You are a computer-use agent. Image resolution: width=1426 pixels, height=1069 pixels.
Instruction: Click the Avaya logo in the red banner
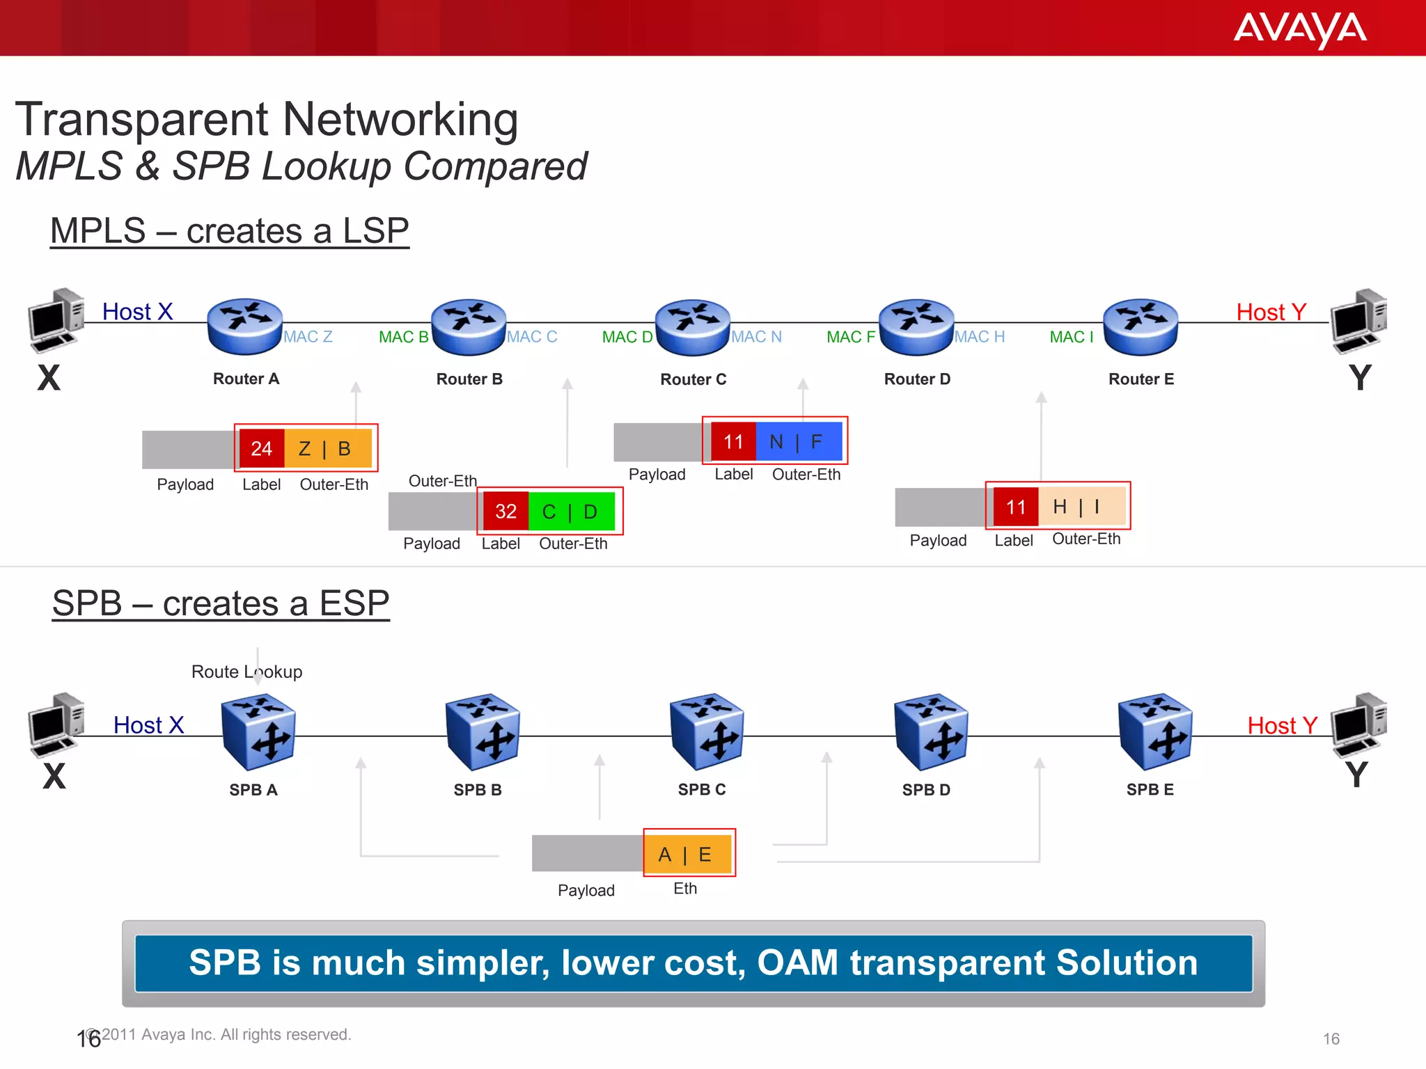pyautogui.click(x=1299, y=30)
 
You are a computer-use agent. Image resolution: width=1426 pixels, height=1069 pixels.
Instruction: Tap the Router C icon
pyautogui.click(x=693, y=327)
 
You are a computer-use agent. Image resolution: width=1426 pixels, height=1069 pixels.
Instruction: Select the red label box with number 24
pyautogui.click(x=261, y=448)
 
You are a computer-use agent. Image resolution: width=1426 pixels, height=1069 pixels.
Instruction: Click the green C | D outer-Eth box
pyautogui.click(x=571, y=512)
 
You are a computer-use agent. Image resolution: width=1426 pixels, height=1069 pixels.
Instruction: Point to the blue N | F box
pyautogui.click(x=798, y=441)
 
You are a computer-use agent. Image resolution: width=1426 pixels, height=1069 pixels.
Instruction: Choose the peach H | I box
pyautogui.click(x=1081, y=506)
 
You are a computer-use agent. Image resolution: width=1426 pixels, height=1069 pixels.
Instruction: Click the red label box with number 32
pyautogui.click(x=506, y=512)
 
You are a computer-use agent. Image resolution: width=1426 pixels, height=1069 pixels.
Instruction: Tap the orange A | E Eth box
pyautogui.click(x=687, y=854)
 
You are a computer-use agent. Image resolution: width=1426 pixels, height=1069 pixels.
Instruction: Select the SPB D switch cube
pyautogui.click(x=931, y=732)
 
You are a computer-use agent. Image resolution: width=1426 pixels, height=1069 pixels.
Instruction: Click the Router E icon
pyautogui.click(x=1141, y=327)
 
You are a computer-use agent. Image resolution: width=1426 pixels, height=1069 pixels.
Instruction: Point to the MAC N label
pyautogui.click(x=757, y=337)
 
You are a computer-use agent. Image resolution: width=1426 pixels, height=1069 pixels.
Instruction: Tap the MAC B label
pyautogui.click(x=403, y=337)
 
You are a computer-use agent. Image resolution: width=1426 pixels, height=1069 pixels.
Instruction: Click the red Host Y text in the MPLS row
pyautogui.click(x=1271, y=312)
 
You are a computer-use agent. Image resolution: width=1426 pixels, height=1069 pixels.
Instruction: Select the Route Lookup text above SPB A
pyautogui.click(x=246, y=672)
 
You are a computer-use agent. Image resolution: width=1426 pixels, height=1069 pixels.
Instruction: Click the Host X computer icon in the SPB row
pyautogui.click(x=56, y=724)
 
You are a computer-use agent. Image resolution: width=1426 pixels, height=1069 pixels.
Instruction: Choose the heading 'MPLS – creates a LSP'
pyautogui.click(x=230, y=230)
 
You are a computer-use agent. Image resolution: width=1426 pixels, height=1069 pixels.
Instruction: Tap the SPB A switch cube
pyautogui.click(x=258, y=732)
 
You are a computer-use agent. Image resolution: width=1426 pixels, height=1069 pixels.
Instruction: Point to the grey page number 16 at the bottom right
pyautogui.click(x=1331, y=1038)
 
